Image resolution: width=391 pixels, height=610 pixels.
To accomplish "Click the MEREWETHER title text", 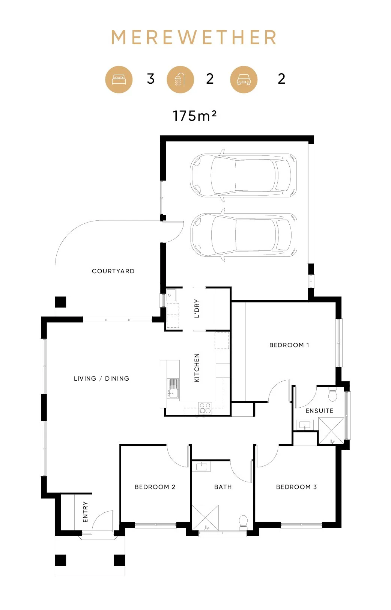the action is [x=194, y=37].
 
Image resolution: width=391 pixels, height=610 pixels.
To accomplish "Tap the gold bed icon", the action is [x=119, y=80].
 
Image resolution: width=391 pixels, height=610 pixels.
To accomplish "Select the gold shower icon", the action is [x=180, y=80].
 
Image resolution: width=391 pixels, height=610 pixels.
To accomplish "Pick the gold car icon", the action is [x=244, y=80].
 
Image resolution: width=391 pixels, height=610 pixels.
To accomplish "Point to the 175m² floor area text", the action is [x=194, y=116].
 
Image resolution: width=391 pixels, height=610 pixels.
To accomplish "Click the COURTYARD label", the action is [x=113, y=271].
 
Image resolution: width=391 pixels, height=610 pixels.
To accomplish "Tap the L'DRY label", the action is [x=197, y=309].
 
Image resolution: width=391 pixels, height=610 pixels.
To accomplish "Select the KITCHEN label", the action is [x=197, y=368].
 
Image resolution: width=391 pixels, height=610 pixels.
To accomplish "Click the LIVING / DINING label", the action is [x=102, y=378].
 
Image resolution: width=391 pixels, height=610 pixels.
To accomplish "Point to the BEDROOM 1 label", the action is [x=289, y=345].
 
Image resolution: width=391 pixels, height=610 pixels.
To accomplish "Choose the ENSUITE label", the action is [x=319, y=411].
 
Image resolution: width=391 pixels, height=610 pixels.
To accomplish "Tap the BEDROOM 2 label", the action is [x=155, y=487].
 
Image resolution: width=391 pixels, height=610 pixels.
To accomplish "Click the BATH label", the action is [x=223, y=487].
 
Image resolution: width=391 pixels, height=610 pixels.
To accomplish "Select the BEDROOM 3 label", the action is [x=296, y=487].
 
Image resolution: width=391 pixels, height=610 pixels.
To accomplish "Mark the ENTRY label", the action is [x=85, y=512].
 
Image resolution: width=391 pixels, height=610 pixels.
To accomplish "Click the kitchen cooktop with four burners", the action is [x=205, y=408].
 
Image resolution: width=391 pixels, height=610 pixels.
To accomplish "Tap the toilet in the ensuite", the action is [x=332, y=394].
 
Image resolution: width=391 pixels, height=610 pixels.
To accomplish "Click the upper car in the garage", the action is [x=244, y=175].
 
